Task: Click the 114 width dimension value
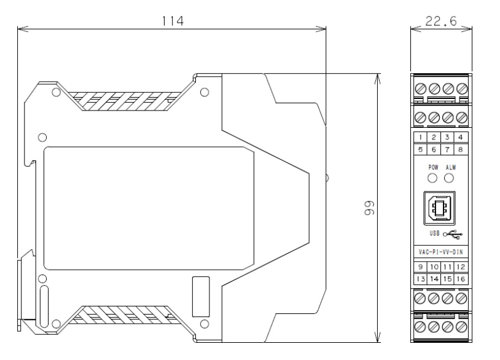pos(173,22)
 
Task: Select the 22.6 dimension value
pos(441,22)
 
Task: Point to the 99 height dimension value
pos(369,208)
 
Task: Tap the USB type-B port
pos(439,208)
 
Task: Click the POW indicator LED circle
pos(432,178)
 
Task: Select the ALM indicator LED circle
pos(449,178)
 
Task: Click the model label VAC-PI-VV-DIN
pos(440,252)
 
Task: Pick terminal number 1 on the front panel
pos(421,137)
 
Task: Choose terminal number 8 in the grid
pos(461,149)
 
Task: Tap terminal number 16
pos(461,279)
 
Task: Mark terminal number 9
pos(421,267)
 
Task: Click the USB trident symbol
pos(453,234)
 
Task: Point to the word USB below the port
pos(434,233)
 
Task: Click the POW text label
pos(433,167)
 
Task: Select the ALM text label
pos(451,167)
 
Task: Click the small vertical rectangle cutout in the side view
pos(201,297)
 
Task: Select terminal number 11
pos(447,267)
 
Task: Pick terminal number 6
pos(434,149)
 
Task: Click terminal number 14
pos(434,279)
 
